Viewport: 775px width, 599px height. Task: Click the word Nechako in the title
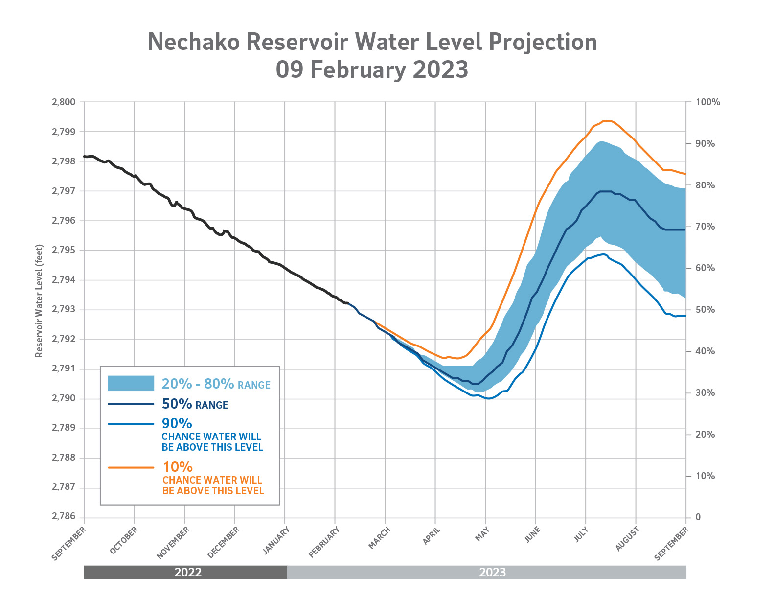pos(193,42)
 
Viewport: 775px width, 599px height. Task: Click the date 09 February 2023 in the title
pos(372,69)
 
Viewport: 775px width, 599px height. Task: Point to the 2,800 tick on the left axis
pos(64,102)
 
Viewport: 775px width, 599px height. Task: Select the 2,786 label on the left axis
pos(64,517)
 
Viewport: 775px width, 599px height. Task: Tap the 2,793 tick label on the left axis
pos(64,310)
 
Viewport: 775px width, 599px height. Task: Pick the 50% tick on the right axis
pos(705,310)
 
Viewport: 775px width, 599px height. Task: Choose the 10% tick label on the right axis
pos(705,476)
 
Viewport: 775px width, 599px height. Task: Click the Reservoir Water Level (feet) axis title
pos(39,301)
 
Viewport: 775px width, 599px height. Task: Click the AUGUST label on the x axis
pos(627,539)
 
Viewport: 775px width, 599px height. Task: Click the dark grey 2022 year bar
pos(188,573)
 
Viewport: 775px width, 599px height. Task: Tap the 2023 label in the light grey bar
pos(492,573)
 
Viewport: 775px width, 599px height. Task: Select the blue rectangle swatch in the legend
pos(131,384)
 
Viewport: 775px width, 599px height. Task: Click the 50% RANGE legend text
pos(195,405)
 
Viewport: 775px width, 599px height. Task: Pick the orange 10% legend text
pos(178,467)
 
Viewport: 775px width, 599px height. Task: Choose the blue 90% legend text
pos(177,423)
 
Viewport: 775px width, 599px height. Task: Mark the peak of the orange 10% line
pos(607,120)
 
